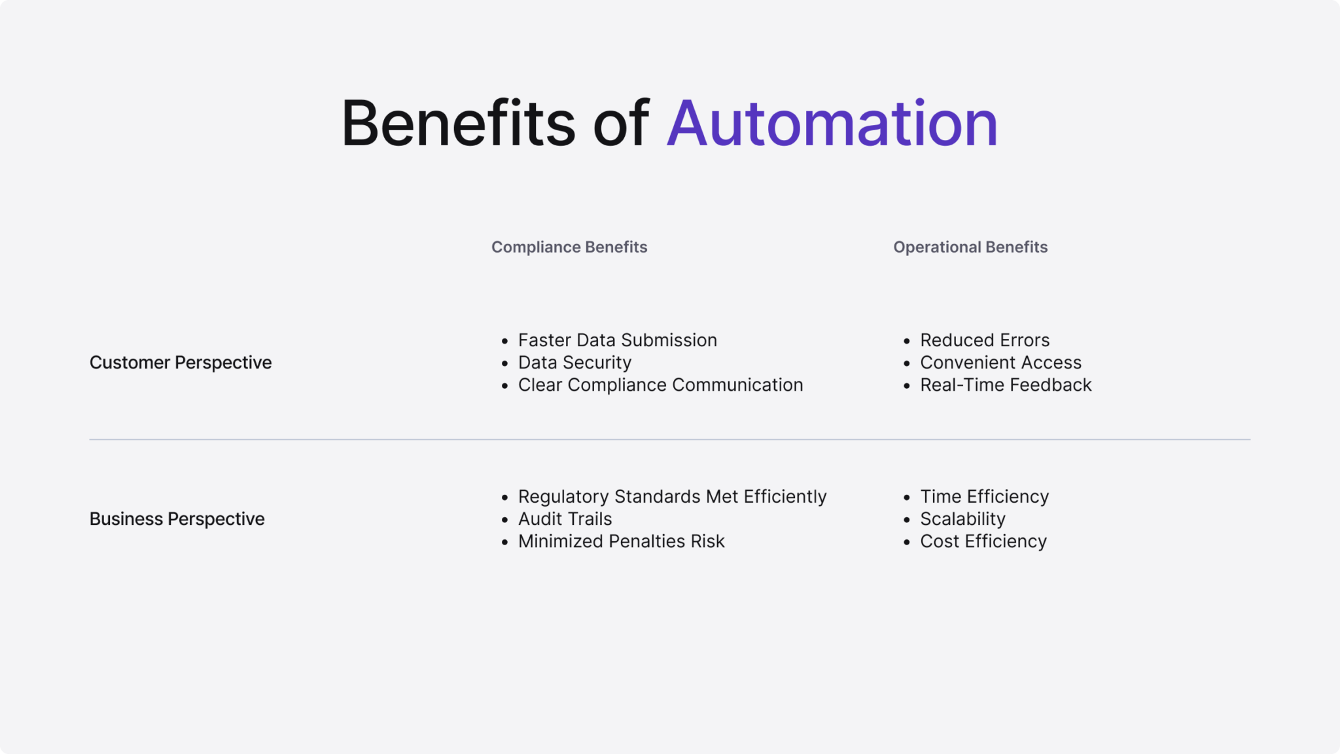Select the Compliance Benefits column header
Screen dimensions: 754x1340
(569, 247)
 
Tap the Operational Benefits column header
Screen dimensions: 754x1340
(970, 247)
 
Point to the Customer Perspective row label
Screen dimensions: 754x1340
(181, 363)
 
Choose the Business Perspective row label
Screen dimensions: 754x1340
(177, 519)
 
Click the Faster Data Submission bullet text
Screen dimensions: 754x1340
(617, 340)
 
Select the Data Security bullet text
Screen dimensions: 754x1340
(574, 363)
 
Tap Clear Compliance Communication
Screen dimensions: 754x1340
(660, 385)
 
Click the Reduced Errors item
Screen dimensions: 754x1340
(985, 340)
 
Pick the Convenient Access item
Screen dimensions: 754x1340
(1000, 363)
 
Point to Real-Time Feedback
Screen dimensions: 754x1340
(1006, 385)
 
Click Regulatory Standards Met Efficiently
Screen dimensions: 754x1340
(672, 497)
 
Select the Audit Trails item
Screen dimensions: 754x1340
(565, 519)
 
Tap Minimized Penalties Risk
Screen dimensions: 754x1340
(621, 541)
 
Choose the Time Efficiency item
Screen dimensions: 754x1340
(984, 497)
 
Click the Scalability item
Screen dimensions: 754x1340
(962, 519)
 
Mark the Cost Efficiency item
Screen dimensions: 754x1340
(983, 541)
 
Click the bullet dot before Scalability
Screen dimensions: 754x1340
(906, 520)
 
